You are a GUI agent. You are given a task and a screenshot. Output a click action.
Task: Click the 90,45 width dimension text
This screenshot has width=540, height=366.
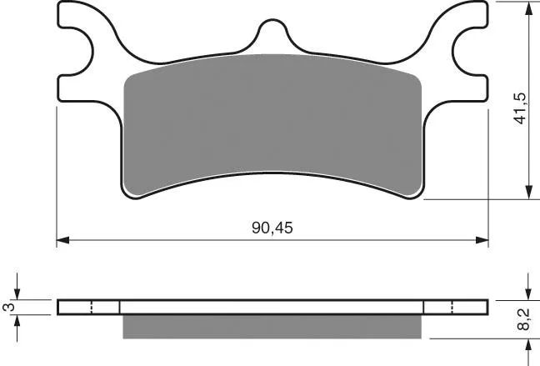[272, 228]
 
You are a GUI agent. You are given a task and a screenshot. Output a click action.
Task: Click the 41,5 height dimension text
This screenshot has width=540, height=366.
[520, 108]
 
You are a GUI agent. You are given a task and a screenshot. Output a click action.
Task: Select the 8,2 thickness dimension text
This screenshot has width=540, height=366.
[523, 319]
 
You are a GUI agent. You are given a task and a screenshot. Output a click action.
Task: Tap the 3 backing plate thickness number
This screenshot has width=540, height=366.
[9, 307]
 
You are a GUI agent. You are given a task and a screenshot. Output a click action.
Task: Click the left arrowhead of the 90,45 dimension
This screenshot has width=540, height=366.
[63, 240]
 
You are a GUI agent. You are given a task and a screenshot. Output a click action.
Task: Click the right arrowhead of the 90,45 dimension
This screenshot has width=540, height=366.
[482, 240]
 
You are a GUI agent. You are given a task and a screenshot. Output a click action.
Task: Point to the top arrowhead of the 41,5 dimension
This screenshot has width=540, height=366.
[528, 8]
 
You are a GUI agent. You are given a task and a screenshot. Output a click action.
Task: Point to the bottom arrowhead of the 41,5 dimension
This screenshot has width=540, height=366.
[528, 193]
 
